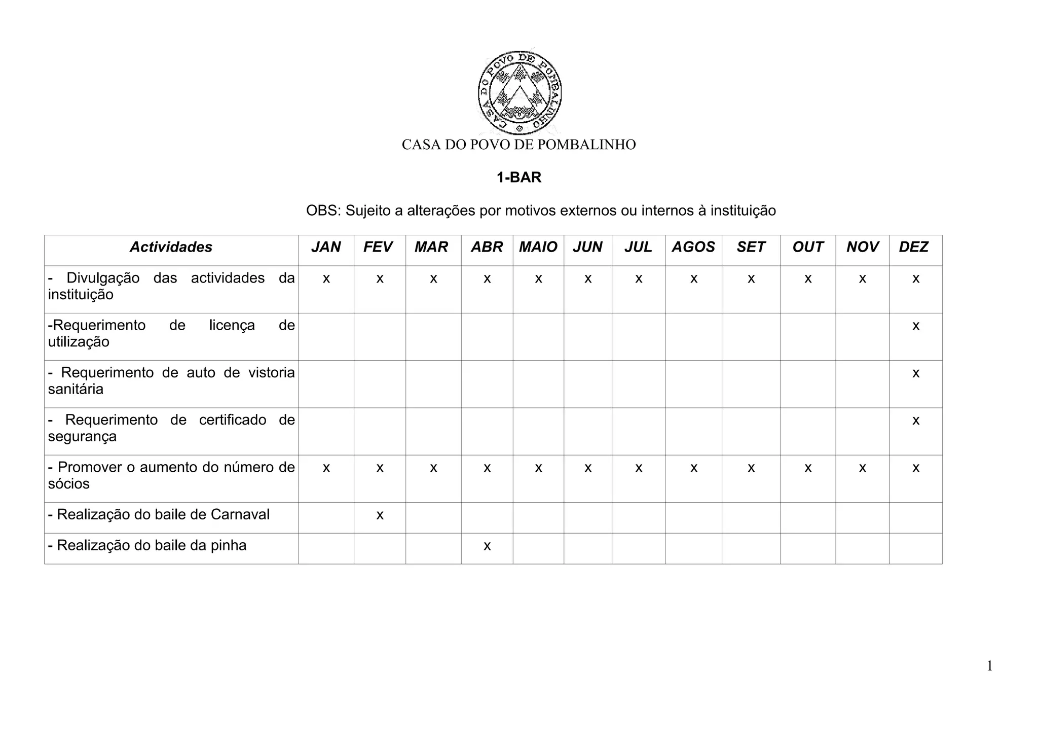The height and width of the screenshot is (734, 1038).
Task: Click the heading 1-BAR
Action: tap(519, 178)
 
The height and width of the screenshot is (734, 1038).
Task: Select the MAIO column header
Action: tap(538, 247)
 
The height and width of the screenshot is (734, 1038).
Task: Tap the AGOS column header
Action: tap(693, 247)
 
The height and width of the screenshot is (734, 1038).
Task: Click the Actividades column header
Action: tap(171, 247)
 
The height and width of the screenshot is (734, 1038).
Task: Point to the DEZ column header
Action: tap(913, 247)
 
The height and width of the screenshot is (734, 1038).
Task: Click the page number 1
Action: tap(989, 666)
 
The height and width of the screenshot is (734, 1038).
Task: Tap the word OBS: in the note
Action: tap(323, 211)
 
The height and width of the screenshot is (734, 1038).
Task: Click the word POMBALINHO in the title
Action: tap(586, 145)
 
